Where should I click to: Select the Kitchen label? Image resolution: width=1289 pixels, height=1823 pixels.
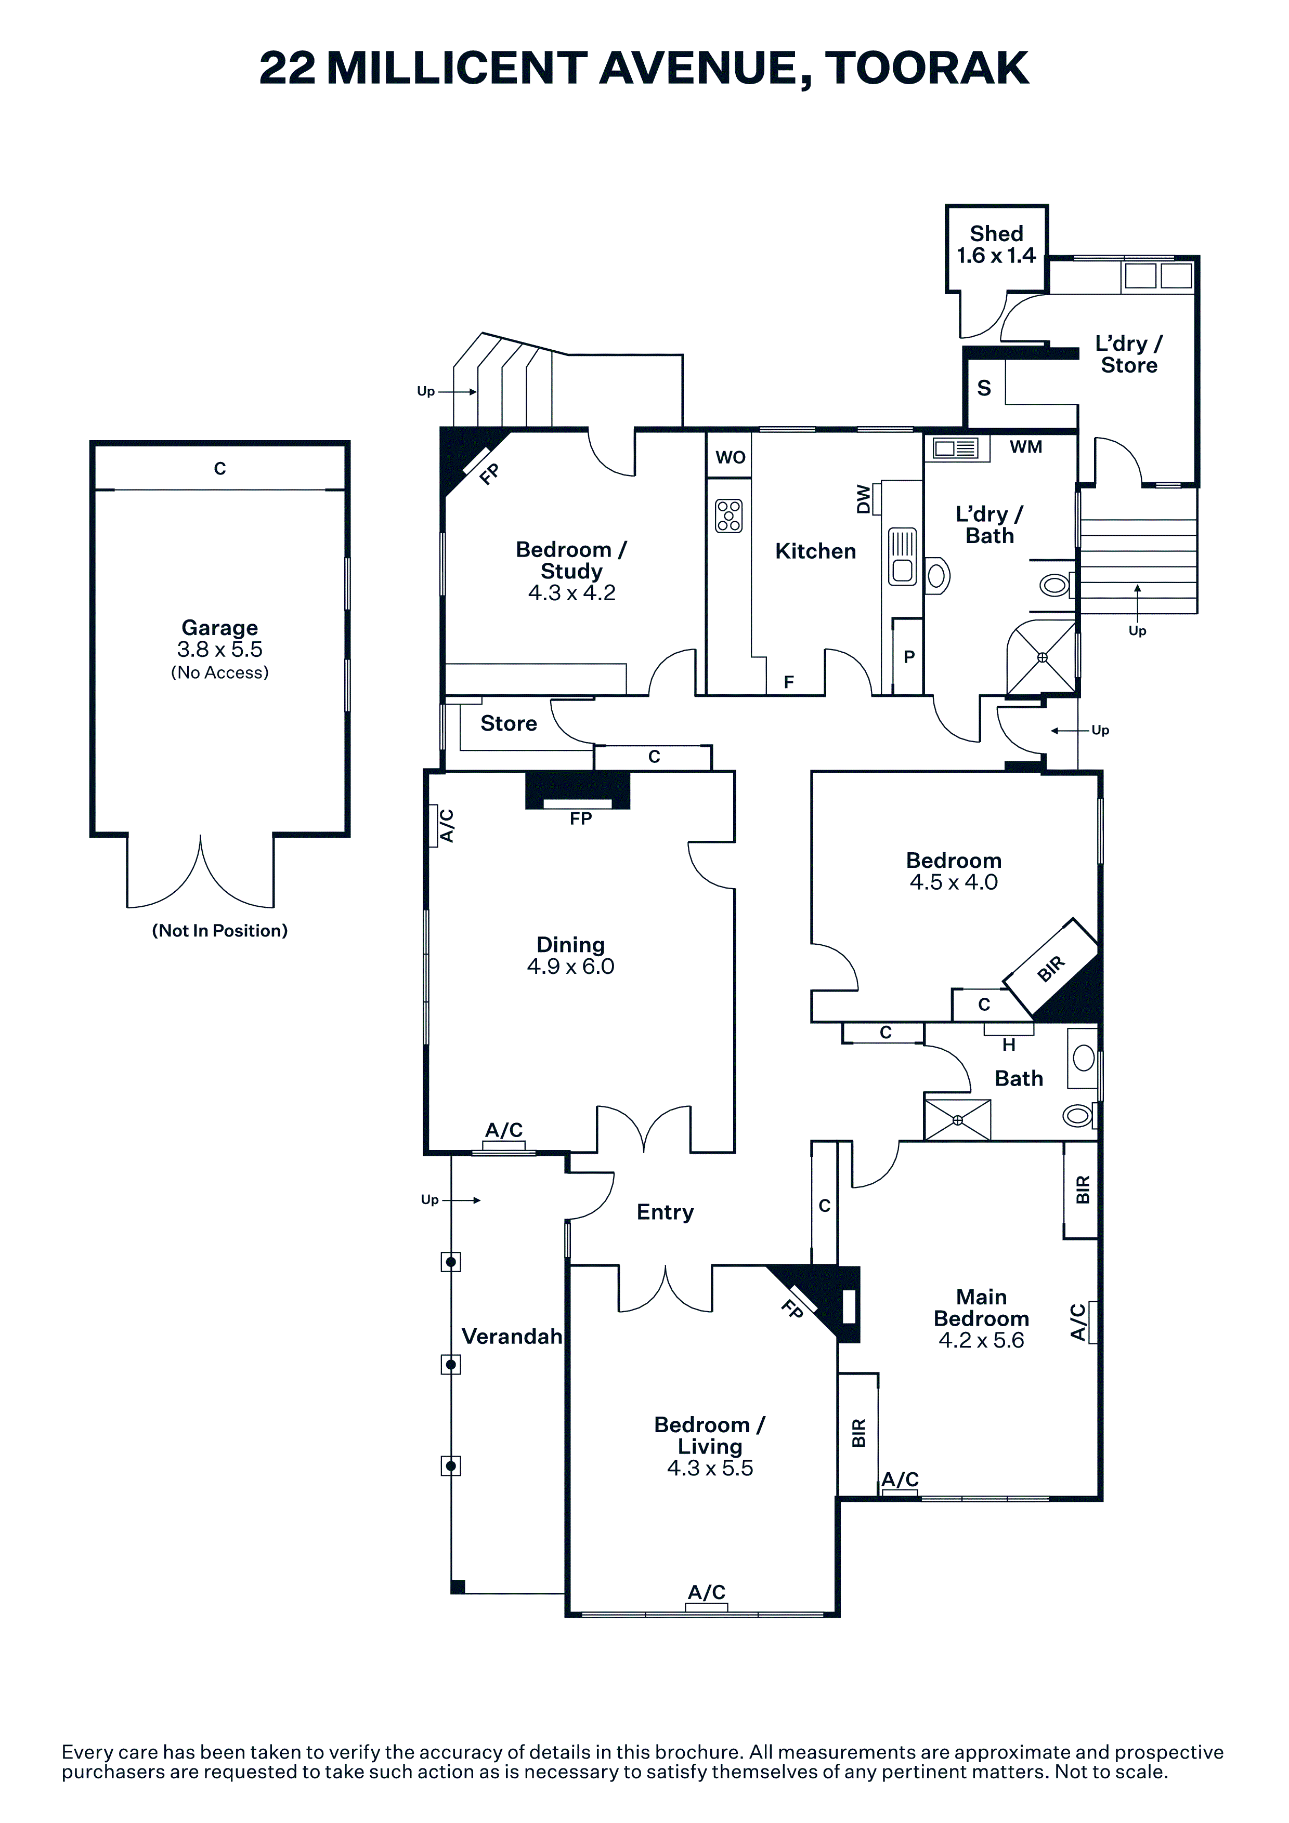(x=816, y=551)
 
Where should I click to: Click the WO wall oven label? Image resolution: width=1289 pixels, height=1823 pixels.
(x=730, y=457)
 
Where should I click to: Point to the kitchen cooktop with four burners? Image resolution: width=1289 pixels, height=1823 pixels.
(x=728, y=516)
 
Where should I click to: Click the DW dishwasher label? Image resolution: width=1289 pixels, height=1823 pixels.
(x=863, y=499)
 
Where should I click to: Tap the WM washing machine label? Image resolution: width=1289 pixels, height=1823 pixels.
(x=1025, y=447)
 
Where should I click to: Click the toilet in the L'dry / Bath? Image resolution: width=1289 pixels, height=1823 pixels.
(x=1056, y=586)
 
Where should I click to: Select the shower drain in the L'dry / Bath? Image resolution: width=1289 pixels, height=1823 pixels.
(x=1042, y=657)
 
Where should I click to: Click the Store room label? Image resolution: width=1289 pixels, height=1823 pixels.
(x=509, y=723)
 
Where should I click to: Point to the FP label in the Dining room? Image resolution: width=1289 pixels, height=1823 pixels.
(x=581, y=818)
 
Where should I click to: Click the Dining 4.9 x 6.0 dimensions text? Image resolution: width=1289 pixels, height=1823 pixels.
(x=570, y=966)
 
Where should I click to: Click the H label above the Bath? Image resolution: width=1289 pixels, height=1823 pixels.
(x=1009, y=1045)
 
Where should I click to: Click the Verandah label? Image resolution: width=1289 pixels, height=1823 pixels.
(x=512, y=1336)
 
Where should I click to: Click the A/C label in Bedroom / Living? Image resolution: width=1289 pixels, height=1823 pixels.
(x=706, y=1592)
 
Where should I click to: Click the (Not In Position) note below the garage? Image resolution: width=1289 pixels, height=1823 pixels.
(x=220, y=931)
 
